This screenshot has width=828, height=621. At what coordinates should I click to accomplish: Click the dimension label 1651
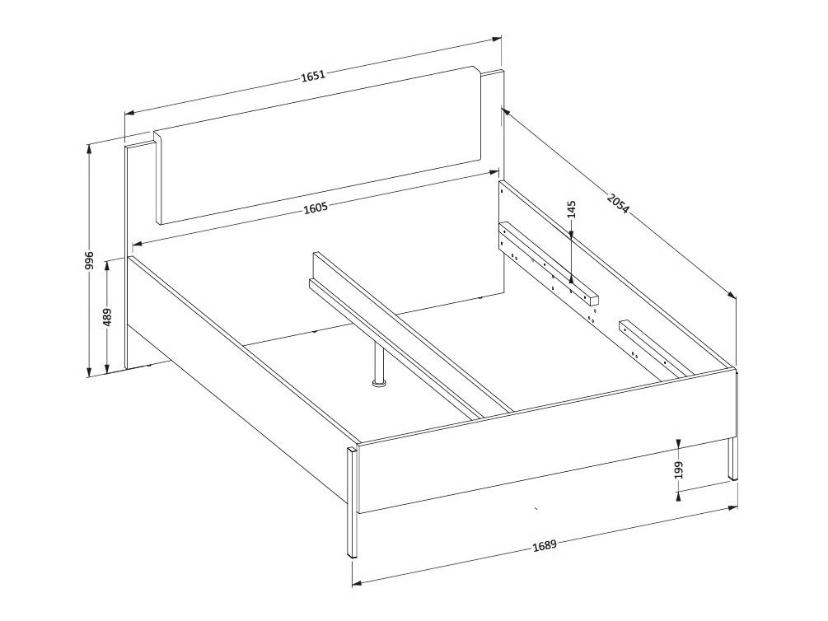click(x=313, y=76)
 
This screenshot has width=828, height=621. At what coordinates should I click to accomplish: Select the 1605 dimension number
click(x=316, y=208)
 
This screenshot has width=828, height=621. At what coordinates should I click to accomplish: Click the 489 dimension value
click(x=107, y=318)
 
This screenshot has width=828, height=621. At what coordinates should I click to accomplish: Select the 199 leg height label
click(x=678, y=470)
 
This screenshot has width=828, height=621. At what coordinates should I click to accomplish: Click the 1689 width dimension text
click(x=544, y=545)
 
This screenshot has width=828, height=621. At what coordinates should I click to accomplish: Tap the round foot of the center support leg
click(x=379, y=383)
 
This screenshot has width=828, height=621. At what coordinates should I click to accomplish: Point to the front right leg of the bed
click(x=732, y=458)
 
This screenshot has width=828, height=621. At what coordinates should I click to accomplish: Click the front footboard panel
click(x=544, y=445)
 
